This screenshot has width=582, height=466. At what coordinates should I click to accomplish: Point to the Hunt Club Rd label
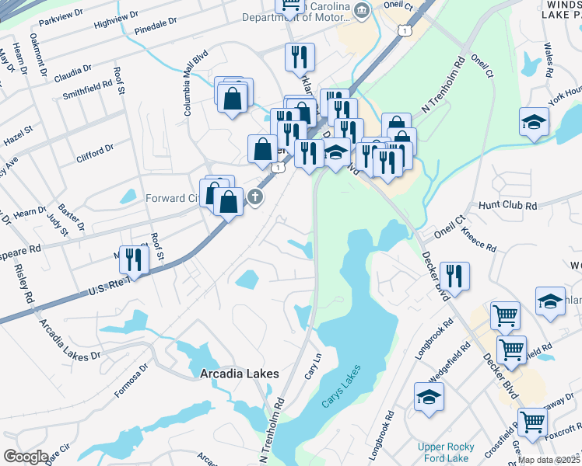pyautogui.click(x=508, y=206)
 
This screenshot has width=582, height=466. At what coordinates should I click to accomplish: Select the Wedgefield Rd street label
pyautogui.click(x=446, y=380)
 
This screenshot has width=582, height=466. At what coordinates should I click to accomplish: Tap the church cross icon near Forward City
pyautogui.click(x=254, y=197)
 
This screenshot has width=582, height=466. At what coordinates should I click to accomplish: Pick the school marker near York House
pyautogui.click(x=534, y=121)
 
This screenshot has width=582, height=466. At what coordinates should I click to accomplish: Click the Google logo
pyautogui.click(x=26, y=457)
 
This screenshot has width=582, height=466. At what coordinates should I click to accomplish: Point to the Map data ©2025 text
pyautogui.click(x=549, y=460)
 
